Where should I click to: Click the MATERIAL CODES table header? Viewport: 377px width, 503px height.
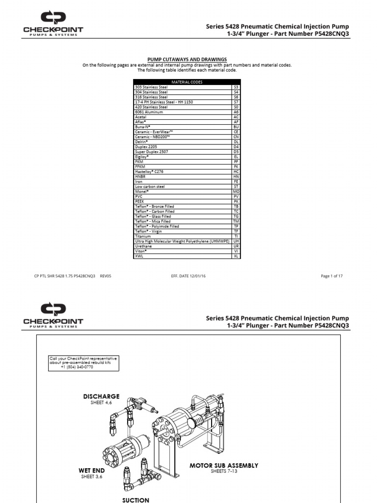[187, 82]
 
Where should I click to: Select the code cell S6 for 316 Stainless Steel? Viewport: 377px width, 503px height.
[236, 97]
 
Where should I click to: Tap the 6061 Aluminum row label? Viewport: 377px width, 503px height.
[149, 112]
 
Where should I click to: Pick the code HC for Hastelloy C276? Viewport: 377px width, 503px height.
[236, 172]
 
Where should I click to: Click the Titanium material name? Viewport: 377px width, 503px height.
[143, 236]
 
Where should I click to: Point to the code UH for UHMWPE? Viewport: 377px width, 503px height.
[236, 241]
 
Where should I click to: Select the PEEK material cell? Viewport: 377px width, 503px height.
[140, 201]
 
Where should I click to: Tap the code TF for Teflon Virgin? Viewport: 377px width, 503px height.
[236, 231]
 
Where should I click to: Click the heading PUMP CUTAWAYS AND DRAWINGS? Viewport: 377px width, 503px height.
[187, 59]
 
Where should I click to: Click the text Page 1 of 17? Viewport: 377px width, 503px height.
[332, 276]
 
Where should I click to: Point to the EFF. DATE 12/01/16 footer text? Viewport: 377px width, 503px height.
[188, 276]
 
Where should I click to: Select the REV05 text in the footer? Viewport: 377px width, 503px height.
[106, 276]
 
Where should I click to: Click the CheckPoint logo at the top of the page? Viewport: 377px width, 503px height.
[53, 24]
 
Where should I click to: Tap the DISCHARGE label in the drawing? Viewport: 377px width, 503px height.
[101, 396]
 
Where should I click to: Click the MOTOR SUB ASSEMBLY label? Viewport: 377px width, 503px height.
[224, 465]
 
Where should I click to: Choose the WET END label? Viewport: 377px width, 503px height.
[92, 471]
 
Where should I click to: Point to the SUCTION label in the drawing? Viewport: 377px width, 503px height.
[135, 500]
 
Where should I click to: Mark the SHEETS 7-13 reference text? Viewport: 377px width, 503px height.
[224, 471]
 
